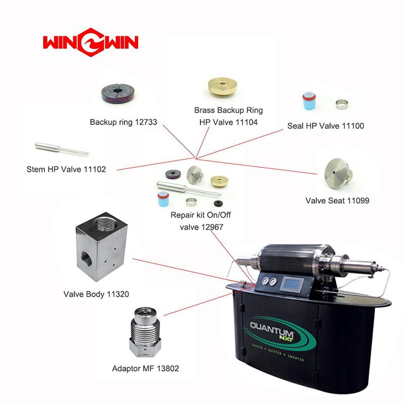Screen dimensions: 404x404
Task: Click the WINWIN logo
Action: coord(91,42)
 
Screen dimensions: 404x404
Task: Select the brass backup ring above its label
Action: coord(222,86)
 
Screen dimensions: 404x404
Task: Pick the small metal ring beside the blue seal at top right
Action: coord(342,105)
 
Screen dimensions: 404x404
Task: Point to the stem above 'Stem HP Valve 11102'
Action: coord(62,149)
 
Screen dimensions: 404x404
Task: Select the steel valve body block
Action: coord(102,246)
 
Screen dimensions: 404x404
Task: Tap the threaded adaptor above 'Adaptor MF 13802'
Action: coord(145,332)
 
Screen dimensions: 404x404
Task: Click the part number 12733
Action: coord(146,122)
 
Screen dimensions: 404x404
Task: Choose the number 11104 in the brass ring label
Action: coord(246,122)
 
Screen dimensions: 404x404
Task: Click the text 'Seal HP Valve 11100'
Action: coord(326,126)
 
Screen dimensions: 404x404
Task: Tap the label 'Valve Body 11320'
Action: coord(96,294)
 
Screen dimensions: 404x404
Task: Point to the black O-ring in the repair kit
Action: coord(219,204)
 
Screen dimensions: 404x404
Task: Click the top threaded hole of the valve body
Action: coord(106,224)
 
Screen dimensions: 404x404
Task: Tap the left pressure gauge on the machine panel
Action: coord(265,280)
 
